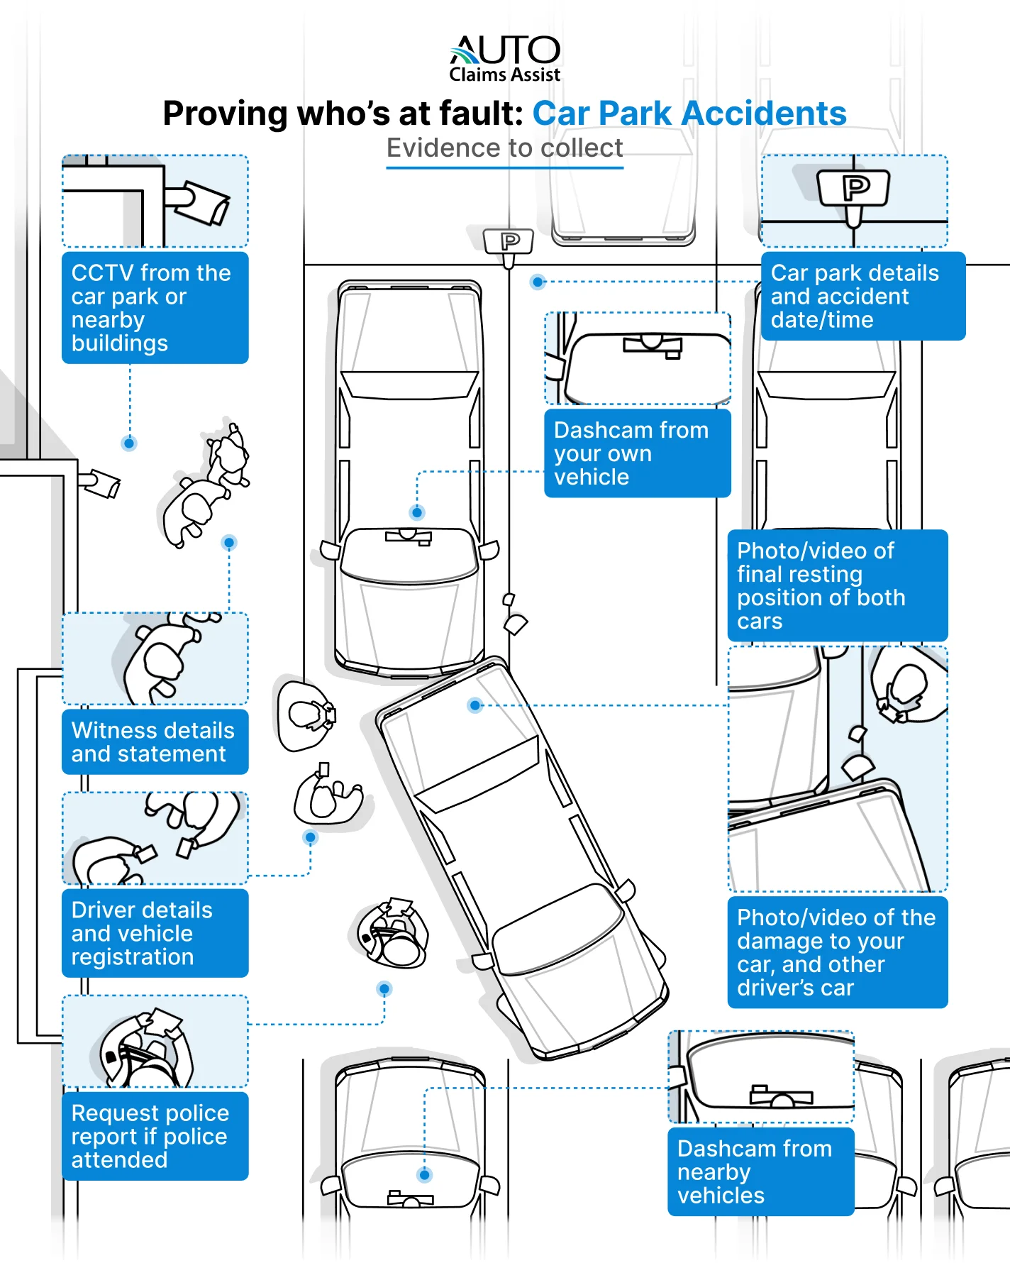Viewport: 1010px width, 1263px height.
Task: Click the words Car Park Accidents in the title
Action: tap(689, 114)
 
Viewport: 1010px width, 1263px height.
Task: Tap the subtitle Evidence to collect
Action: tap(504, 148)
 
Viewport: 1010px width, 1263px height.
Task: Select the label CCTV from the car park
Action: tap(155, 308)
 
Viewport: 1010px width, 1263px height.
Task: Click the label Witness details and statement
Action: tap(155, 742)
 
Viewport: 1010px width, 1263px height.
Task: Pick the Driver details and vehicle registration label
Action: tap(155, 933)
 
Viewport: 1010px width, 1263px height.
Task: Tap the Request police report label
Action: tap(155, 1136)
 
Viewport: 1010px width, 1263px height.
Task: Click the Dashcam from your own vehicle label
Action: tap(637, 453)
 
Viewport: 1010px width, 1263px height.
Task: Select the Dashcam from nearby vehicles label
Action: tap(760, 1171)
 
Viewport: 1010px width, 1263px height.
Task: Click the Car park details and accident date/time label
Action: tap(862, 297)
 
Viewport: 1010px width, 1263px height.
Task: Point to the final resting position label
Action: tap(837, 585)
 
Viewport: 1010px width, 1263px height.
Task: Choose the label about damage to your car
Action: tap(837, 952)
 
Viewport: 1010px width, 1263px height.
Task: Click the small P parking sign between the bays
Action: tap(509, 243)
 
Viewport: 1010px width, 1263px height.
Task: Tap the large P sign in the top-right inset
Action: tap(854, 188)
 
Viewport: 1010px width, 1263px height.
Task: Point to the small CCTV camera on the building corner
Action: tap(101, 483)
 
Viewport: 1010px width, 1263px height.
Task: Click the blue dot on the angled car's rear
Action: tap(475, 705)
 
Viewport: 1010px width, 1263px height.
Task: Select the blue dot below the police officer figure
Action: tap(384, 988)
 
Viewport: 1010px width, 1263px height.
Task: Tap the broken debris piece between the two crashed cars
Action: tap(515, 624)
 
